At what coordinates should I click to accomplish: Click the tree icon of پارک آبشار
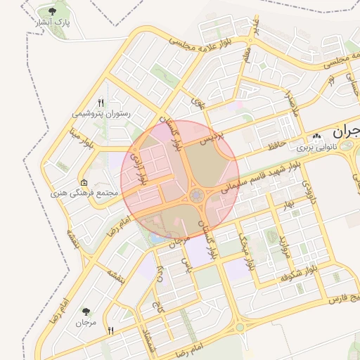pos(53,11)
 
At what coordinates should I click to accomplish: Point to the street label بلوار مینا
pos(82,138)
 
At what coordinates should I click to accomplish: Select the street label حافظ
pos(275,146)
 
